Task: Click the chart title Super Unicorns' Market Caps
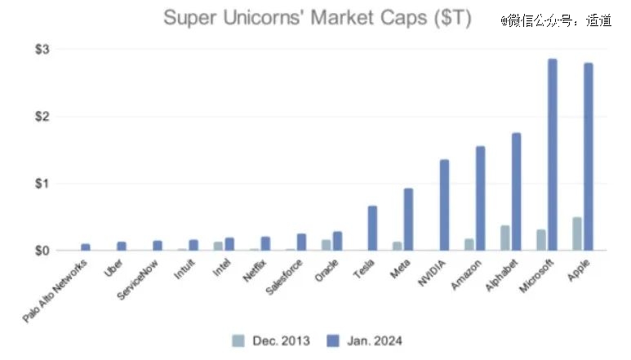point(317,18)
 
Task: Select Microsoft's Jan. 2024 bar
point(552,154)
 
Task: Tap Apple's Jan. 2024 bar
point(588,157)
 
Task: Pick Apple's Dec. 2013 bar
point(576,233)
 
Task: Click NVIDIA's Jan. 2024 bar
point(444,205)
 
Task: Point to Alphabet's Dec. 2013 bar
point(504,238)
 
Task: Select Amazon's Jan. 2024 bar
point(480,198)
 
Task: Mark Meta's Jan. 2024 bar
point(408,220)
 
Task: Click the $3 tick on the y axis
point(42,49)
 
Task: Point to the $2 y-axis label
point(42,116)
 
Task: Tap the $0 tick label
point(42,251)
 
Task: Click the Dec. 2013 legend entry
point(271,340)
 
